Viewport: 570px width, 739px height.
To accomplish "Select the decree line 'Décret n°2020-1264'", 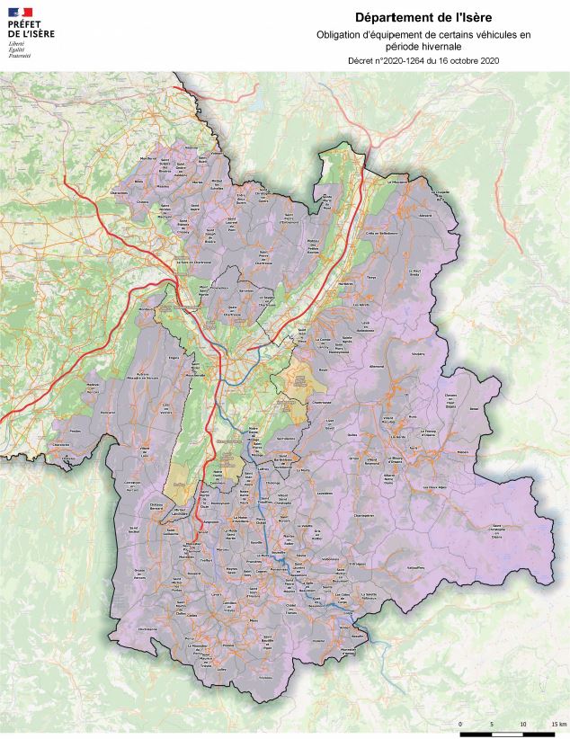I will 423,60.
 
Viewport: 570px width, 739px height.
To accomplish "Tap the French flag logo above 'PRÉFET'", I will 20,12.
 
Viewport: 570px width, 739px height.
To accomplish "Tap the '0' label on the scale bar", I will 460,724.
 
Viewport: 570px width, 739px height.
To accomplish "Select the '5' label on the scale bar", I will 492,724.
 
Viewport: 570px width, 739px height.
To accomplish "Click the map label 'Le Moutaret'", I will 397,181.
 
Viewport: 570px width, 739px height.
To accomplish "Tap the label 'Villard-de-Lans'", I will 146,448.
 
